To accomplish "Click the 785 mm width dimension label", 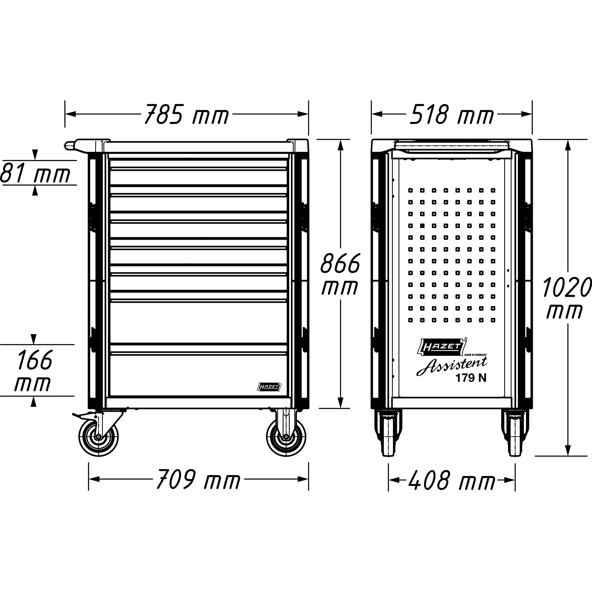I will (186, 114).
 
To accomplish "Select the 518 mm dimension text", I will (452, 114).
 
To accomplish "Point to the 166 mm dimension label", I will (34, 371).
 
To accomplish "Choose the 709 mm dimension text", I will (198, 479).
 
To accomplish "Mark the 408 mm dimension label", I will (452, 480).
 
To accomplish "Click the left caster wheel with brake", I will (98, 437).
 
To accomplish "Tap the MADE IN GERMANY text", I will (475, 355).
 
